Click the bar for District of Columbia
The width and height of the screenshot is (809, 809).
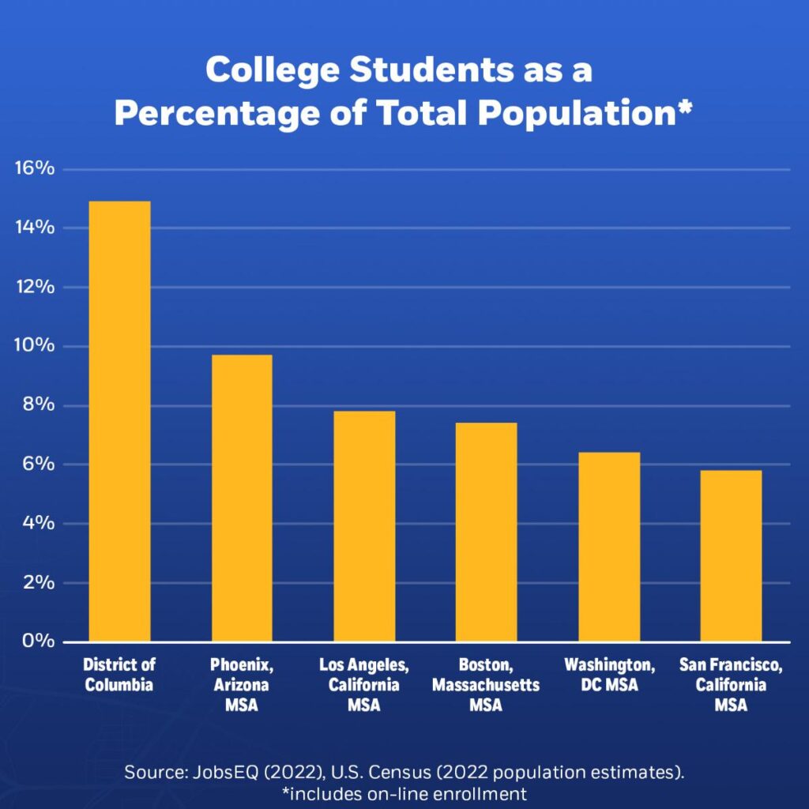119,420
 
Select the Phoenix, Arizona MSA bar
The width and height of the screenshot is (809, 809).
242,498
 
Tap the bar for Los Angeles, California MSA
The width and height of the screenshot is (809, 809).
364,525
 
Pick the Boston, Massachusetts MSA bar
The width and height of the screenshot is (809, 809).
486,532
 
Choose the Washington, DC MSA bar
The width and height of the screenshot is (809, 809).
608,546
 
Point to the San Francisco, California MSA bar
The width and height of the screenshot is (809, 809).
731,555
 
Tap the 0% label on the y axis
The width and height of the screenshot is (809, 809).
38,641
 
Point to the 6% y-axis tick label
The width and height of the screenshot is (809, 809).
38,464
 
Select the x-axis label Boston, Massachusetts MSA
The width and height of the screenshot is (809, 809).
486,685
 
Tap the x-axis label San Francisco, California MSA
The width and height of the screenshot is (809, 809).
731,685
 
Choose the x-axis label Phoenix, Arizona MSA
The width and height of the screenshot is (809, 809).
242,685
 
